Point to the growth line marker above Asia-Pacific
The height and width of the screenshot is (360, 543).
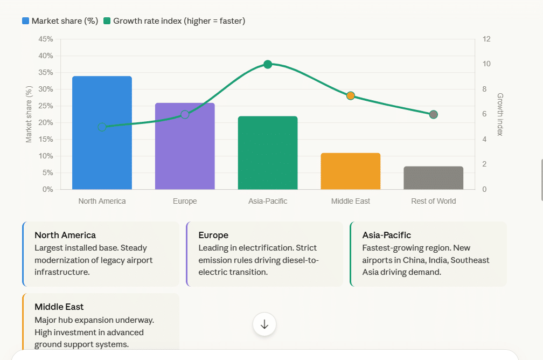(x=268, y=65)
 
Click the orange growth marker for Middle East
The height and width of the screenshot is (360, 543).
(x=351, y=96)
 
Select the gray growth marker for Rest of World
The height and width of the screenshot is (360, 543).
(x=433, y=114)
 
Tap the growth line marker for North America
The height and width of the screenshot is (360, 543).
(x=102, y=127)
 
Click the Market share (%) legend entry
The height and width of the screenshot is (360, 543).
(x=60, y=21)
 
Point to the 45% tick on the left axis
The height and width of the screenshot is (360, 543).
(x=46, y=39)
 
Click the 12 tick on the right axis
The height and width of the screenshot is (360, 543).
(x=486, y=39)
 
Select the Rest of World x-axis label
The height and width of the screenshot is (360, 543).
(x=433, y=201)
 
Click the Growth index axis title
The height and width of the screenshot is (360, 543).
(x=500, y=114)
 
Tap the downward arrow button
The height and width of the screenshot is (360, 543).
(x=264, y=324)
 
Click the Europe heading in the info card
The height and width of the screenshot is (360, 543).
(x=213, y=235)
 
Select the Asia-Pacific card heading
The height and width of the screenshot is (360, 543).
(x=386, y=235)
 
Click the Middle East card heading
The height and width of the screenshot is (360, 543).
(x=59, y=307)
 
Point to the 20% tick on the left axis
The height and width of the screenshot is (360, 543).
(x=46, y=123)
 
